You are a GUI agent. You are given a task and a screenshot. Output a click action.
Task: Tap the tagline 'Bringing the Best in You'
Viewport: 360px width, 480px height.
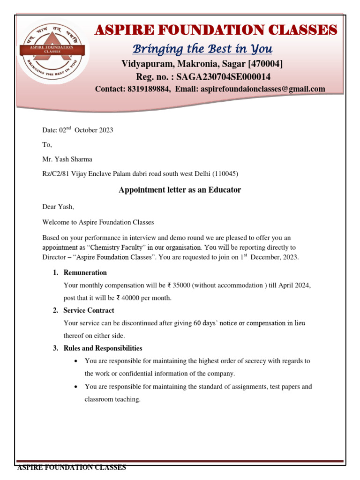point(202,49)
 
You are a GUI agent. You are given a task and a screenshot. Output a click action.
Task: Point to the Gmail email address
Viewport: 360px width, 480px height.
point(263,89)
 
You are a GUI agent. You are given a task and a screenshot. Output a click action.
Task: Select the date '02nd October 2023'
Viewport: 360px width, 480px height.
point(77,130)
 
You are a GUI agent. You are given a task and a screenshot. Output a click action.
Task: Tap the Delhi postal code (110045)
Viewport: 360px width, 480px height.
point(225,174)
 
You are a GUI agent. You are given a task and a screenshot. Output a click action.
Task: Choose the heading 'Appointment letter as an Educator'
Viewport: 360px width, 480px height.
point(180,190)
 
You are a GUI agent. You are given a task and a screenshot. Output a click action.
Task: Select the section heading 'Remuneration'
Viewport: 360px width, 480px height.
point(85,272)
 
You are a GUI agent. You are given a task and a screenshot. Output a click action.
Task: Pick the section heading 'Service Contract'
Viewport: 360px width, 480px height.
point(89,310)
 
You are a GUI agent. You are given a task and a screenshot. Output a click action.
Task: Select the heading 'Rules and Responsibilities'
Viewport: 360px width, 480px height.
point(103,348)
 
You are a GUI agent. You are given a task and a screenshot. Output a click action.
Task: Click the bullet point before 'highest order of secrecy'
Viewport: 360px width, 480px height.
point(76,361)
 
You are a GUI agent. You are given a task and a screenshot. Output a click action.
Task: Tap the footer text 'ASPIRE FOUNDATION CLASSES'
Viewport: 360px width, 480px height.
point(72,468)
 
